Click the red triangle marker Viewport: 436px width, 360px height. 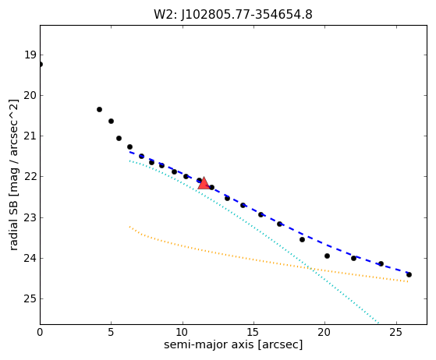click(x=204, y=183)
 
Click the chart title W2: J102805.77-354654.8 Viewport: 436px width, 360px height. click(x=233, y=15)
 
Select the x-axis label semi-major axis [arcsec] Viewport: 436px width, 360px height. click(x=233, y=344)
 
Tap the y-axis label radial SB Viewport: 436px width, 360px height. click(x=13, y=224)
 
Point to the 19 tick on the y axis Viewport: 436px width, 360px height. click(x=30, y=55)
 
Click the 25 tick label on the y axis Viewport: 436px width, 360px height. click(x=30, y=298)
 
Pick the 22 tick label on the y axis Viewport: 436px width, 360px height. click(x=30, y=176)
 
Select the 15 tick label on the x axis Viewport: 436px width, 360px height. click(x=253, y=332)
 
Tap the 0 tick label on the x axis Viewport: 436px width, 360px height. click(x=40, y=332)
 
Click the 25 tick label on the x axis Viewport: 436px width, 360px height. click(x=396, y=332)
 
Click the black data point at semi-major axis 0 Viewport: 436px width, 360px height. click(x=40, y=65)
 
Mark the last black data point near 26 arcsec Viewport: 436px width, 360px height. click(x=409, y=275)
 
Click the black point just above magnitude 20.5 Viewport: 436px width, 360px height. click(x=99, y=109)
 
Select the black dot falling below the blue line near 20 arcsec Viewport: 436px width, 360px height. click(x=327, y=256)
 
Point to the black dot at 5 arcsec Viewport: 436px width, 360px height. click(x=111, y=121)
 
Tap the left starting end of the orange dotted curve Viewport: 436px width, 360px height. click(x=129, y=227)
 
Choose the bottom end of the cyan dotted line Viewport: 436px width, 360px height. click(x=378, y=323)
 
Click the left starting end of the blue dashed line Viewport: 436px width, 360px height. click(x=129, y=152)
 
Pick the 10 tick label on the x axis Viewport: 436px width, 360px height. click(x=183, y=332)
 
